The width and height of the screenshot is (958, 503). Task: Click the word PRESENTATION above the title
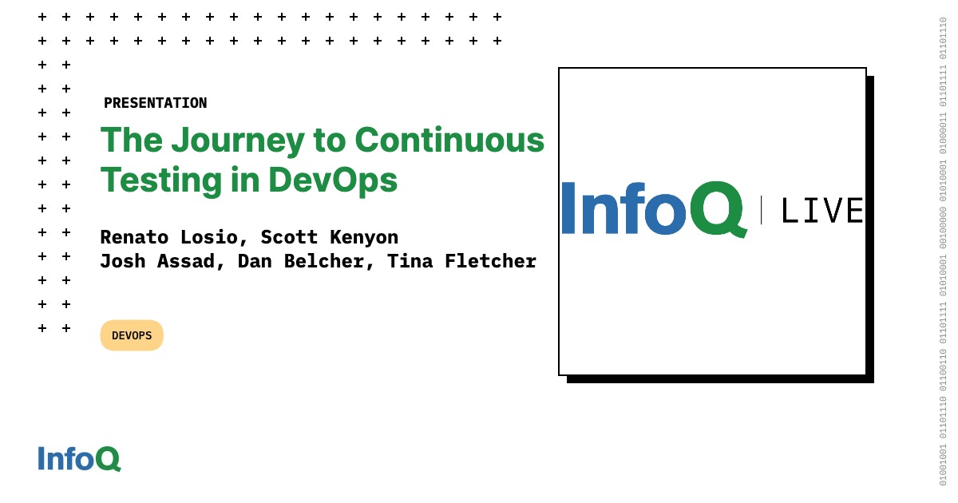coord(155,103)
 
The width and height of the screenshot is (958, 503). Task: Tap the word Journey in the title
coord(238,141)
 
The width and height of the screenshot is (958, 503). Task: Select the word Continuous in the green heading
coord(449,140)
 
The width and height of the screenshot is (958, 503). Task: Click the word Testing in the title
coord(160,181)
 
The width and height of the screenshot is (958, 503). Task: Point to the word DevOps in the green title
coord(333,181)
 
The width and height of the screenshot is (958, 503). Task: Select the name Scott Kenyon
coord(330,237)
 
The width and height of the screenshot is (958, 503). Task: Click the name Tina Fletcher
coord(461,261)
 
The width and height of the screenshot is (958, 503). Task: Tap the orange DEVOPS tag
coord(132,335)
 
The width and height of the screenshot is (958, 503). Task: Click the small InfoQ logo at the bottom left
coord(80,459)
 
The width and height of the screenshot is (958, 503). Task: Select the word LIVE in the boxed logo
coord(822,211)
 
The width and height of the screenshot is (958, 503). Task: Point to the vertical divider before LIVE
coord(762,209)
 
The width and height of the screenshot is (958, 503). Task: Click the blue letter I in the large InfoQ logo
coord(568,208)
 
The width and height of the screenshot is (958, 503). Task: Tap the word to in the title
coord(329,141)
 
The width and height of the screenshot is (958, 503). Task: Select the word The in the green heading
coord(132,140)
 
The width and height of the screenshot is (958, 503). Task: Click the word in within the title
coord(245,180)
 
